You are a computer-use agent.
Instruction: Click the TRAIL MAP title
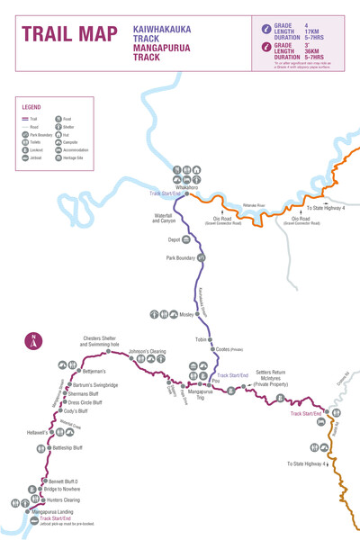[x=69, y=34]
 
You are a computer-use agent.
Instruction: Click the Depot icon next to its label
[x=186, y=240]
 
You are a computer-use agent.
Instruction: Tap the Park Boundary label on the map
[x=180, y=258]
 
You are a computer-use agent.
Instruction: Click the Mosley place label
[x=186, y=315]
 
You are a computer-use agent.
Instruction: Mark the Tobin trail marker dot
[x=210, y=340]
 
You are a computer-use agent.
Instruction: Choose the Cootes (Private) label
[x=229, y=349]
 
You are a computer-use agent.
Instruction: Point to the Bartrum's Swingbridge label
[x=95, y=385]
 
